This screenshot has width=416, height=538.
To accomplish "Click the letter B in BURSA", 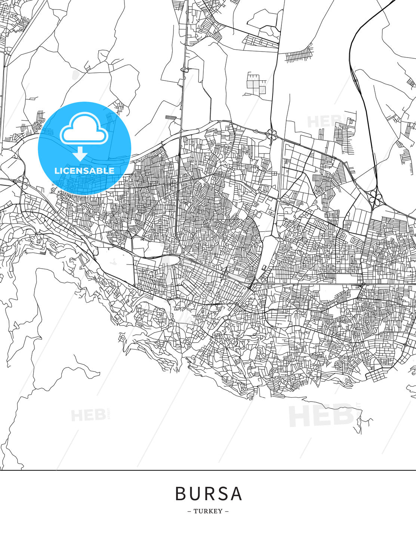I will click(181, 494).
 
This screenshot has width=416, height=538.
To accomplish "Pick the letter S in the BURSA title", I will click(222, 494).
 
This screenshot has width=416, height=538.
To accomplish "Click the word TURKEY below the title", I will click(208, 511).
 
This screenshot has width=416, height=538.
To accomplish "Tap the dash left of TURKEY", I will click(189, 511).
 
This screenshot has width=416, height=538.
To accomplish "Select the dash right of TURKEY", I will click(227, 511).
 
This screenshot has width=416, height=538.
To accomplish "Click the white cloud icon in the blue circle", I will click(84, 129).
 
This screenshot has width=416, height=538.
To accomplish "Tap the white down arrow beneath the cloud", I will click(80, 154).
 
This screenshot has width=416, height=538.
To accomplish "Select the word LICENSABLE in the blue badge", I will click(84, 171).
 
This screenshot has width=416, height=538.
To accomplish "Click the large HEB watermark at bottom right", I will click(321, 415).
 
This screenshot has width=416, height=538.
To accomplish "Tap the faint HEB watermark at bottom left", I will click(88, 415).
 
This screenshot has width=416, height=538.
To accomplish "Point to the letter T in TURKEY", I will click(195, 511).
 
